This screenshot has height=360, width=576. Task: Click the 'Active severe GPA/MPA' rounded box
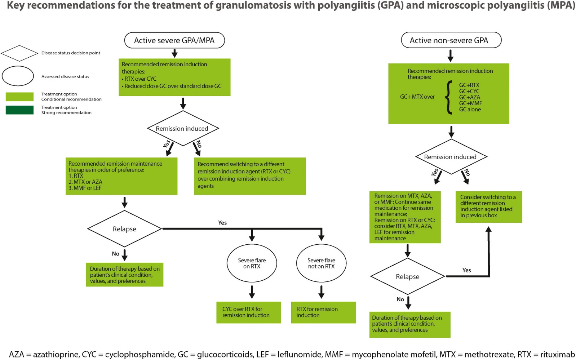(174, 40)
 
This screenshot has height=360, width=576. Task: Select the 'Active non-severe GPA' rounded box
(451, 40)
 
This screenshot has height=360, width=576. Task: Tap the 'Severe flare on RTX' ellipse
(252, 263)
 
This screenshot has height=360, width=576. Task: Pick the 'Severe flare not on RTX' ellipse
(321, 263)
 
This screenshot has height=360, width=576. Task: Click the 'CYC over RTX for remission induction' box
(248, 312)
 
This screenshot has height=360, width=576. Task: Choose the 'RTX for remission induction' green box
(323, 312)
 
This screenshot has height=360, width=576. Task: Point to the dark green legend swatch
(19, 110)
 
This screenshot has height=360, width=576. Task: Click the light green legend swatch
(19, 97)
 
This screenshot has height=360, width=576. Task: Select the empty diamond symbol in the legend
(19, 53)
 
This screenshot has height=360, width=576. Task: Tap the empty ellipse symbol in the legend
(18, 76)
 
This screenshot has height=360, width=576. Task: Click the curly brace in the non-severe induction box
(449, 97)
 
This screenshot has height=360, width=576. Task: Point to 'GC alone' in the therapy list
(470, 110)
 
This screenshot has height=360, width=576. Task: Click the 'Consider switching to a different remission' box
(488, 206)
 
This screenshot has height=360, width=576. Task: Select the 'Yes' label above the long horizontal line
(222, 223)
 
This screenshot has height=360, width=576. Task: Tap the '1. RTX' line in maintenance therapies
(76, 176)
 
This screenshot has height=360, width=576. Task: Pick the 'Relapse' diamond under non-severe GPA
(407, 276)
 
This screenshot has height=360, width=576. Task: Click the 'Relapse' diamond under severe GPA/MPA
(124, 229)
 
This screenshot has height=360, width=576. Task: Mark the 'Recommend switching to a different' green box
(249, 176)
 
